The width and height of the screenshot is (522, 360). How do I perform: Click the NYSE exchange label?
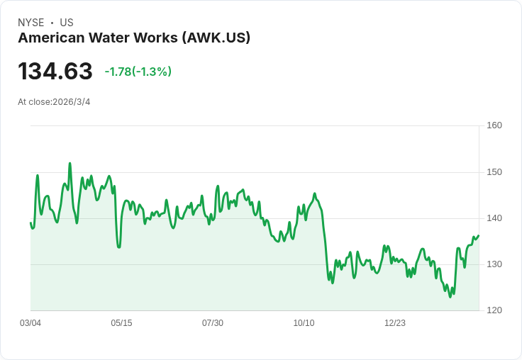pyautogui.click(x=31, y=23)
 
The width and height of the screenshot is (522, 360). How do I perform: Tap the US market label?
pyautogui.click(x=67, y=23)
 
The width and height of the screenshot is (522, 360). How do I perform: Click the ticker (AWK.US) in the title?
pyautogui.click(x=216, y=38)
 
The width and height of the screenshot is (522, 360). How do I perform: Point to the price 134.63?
pyautogui.click(x=55, y=71)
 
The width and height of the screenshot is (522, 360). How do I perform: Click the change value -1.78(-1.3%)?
pyautogui.click(x=138, y=72)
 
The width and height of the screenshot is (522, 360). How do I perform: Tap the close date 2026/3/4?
pyautogui.click(x=72, y=102)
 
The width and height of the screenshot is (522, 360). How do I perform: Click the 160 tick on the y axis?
pyautogui.click(x=494, y=125)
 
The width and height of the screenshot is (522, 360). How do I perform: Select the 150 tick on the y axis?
pyautogui.click(x=494, y=172)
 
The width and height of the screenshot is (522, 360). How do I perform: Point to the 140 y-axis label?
pyautogui.click(x=494, y=218)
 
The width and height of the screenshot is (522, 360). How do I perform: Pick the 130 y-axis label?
pyautogui.click(x=494, y=264)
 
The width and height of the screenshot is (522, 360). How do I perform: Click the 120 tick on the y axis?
pyautogui.click(x=494, y=310)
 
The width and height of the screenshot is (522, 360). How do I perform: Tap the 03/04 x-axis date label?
pyautogui.click(x=30, y=323)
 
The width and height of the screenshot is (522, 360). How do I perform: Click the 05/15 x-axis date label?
pyautogui.click(x=121, y=323)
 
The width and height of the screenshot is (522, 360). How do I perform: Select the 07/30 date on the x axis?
pyautogui.click(x=213, y=323)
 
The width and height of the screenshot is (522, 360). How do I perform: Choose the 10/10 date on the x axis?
pyautogui.click(x=304, y=323)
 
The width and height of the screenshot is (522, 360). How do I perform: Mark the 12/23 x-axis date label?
pyautogui.click(x=395, y=323)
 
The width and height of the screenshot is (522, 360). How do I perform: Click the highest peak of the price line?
pyautogui.click(x=70, y=163)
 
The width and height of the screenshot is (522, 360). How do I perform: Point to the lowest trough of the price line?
pyautogui.click(x=450, y=296)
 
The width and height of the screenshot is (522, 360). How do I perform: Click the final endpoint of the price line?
pyautogui.click(x=479, y=236)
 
